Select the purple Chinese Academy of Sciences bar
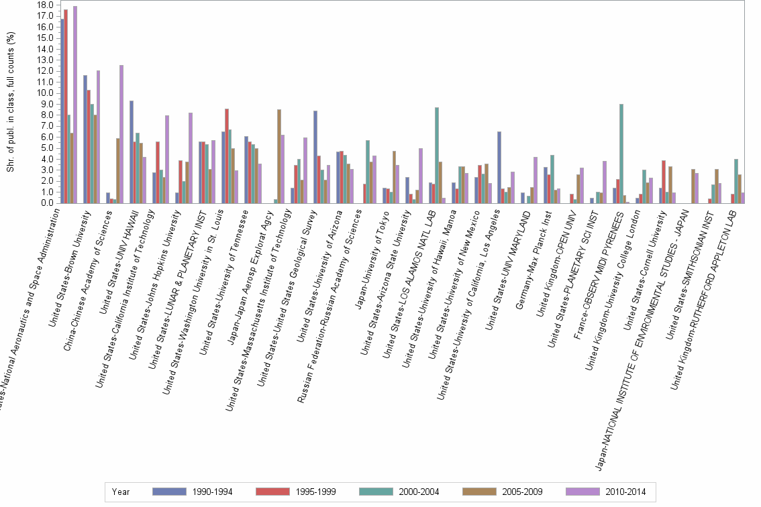click(x=121, y=134)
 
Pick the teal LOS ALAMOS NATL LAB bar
click(x=436, y=155)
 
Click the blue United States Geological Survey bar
click(x=315, y=157)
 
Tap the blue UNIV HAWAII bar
click(x=132, y=152)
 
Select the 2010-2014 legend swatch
click(x=583, y=492)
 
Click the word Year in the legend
click(x=121, y=492)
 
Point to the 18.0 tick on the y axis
click(x=46, y=5)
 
